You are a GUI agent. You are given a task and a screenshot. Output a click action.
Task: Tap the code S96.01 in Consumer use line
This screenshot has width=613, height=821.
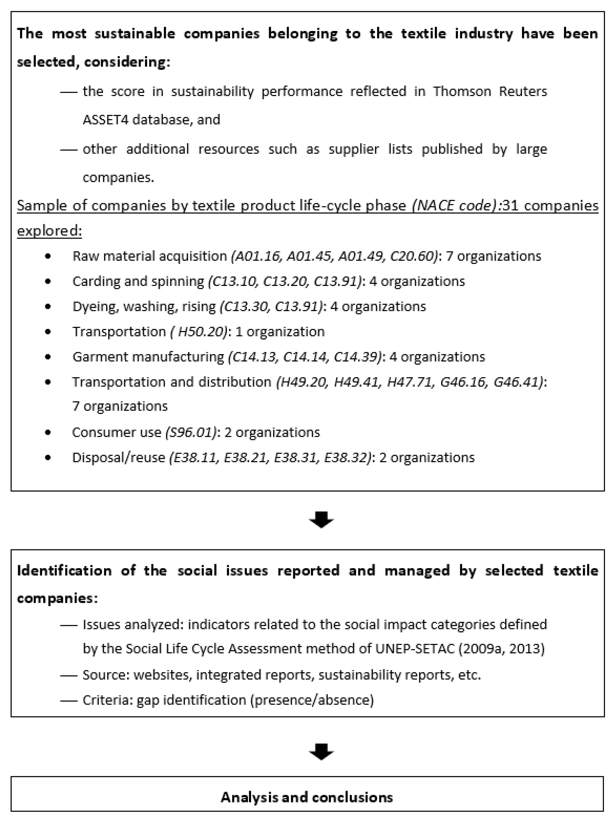point(191,432)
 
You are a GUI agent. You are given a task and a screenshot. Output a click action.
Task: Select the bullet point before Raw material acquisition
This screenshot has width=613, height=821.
point(48,256)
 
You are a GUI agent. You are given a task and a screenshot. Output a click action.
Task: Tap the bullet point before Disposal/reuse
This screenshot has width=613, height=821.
point(48,458)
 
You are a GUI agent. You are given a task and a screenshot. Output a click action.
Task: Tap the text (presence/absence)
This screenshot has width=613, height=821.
point(312,700)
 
